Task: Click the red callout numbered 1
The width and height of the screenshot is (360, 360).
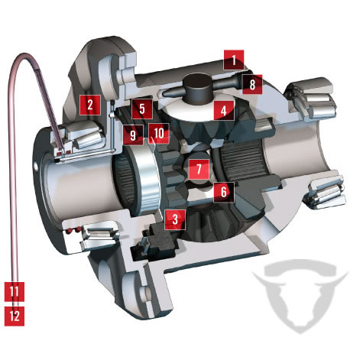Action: tap(234, 60)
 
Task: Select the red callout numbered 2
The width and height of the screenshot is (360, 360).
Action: tap(90, 105)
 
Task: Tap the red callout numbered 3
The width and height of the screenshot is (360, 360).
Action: tap(175, 219)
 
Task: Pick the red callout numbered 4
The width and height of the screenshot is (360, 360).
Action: tap(224, 110)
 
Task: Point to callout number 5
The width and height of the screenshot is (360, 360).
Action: tap(142, 109)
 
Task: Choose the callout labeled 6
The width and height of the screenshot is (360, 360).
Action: tap(224, 192)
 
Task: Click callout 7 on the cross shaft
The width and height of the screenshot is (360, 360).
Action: tap(199, 170)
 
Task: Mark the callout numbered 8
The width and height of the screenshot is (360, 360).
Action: tap(252, 84)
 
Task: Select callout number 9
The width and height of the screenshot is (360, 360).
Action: tap(133, 135)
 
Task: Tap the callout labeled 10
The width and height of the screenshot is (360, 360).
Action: tap(159, 134)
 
